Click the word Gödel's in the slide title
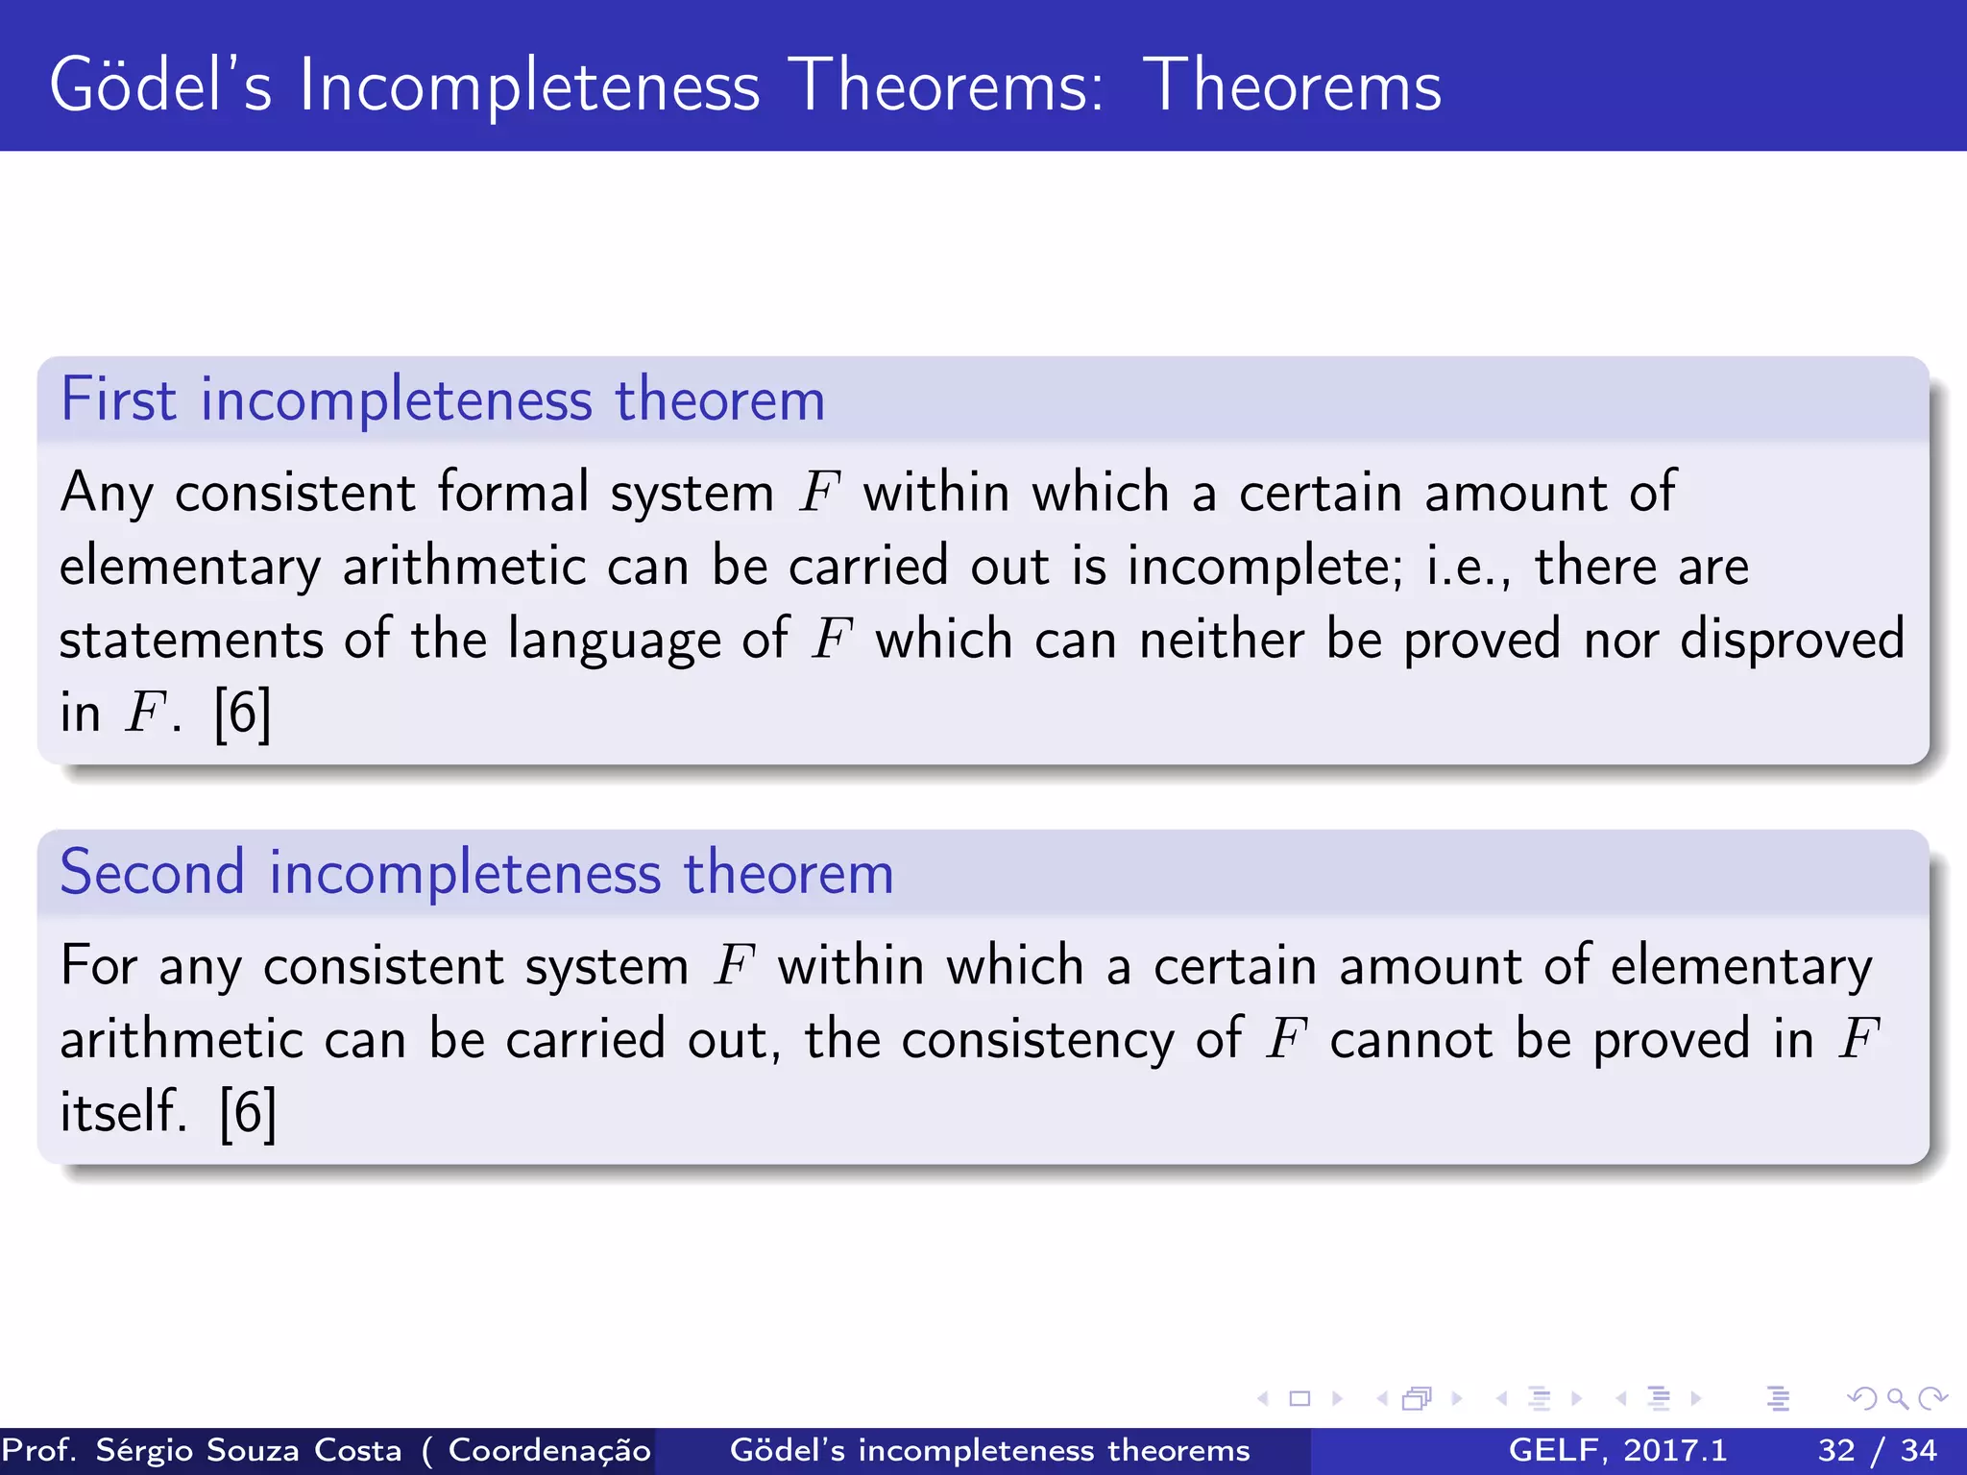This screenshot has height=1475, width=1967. (160, 86)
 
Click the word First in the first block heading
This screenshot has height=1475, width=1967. (118, 399)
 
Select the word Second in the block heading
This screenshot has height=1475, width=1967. (152, 873)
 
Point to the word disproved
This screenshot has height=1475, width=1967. (1791, 641)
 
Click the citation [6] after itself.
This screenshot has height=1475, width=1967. (248, 1113)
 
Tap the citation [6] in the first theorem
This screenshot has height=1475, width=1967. (242, 713)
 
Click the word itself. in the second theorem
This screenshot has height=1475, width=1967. (123, 1113)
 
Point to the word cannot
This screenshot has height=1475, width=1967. (1410, 1040)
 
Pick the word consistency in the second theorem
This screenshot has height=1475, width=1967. (1037, 1040)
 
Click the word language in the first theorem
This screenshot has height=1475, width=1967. (614, 641)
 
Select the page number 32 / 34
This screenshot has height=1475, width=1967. (1877, 1450)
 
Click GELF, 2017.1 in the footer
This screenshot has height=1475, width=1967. (1617, 1450)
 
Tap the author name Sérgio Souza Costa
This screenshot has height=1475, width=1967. (249, 1450)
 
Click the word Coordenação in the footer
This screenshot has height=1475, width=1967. (548, 1450)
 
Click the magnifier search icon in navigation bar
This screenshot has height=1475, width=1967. (1896, 1398)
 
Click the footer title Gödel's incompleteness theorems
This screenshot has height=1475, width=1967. (989, 1450)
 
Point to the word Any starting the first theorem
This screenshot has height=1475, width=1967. (106, 494)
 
